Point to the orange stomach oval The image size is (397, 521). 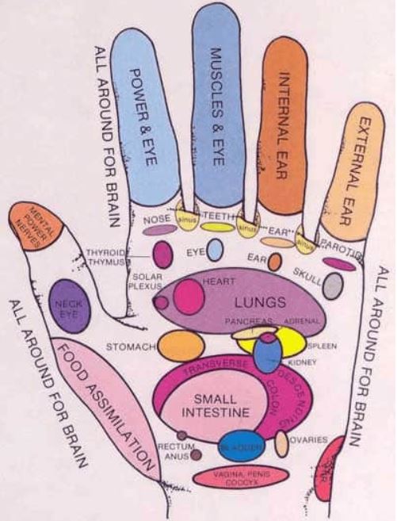click(181, 347)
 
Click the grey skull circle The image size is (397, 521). click(333, 285)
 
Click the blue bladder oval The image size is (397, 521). click(240, 446)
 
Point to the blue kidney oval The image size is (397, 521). click(268, 354)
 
